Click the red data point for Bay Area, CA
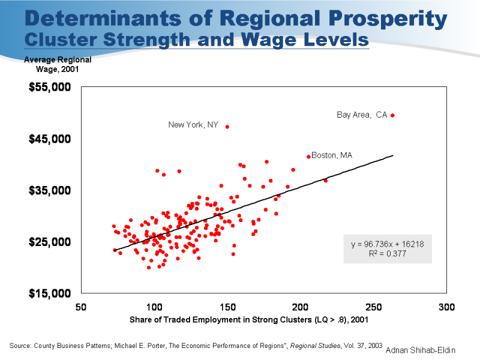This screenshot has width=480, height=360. [x=392, y=115]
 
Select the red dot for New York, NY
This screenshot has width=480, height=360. [x=227, y=127]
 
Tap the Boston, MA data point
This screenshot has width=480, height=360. [x=308, y=157]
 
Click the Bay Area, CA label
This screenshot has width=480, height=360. [x=362, y=115]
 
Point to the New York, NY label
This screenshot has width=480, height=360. [x=193, y=125]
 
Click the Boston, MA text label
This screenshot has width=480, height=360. [x=332, y=155]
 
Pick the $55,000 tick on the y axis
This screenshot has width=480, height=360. [x=50, y=88]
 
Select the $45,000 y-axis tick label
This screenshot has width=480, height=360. [x=50, y=139]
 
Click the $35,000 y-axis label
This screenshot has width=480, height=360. [x=50, y=191]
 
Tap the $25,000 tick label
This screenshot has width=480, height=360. [x=50, y=242]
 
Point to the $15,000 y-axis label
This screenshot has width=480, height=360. [x=50, y=293]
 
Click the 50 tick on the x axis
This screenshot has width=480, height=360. [x=81, y=307]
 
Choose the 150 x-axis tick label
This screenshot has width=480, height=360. [x=227, y=307]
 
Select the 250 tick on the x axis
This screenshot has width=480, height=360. [x=374, y=307]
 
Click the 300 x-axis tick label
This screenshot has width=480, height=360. [x=447, y=307]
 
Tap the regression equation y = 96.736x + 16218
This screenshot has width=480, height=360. [x=388, y=244]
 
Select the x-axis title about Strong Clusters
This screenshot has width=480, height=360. [x=249, y=320]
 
